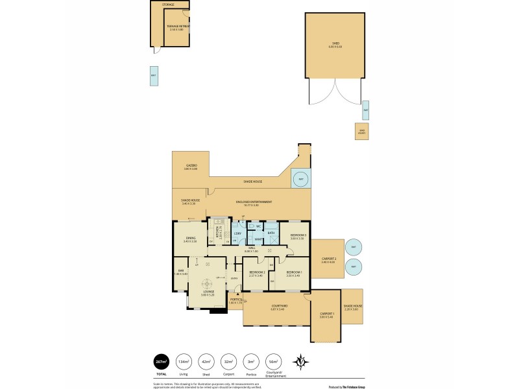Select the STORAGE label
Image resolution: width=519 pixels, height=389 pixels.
pos(168,5)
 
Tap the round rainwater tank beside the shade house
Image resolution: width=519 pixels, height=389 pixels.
pos(300,180)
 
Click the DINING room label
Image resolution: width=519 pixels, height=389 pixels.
pos(191,239)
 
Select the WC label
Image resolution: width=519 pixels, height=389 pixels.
pos(258,226)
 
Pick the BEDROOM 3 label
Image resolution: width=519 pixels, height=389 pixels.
pos(297,236)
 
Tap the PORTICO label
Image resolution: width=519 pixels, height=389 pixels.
pos(235,300)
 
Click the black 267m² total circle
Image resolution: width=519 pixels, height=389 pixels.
pos(160,361)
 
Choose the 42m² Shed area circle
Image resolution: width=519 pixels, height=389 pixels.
pos(205,361)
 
